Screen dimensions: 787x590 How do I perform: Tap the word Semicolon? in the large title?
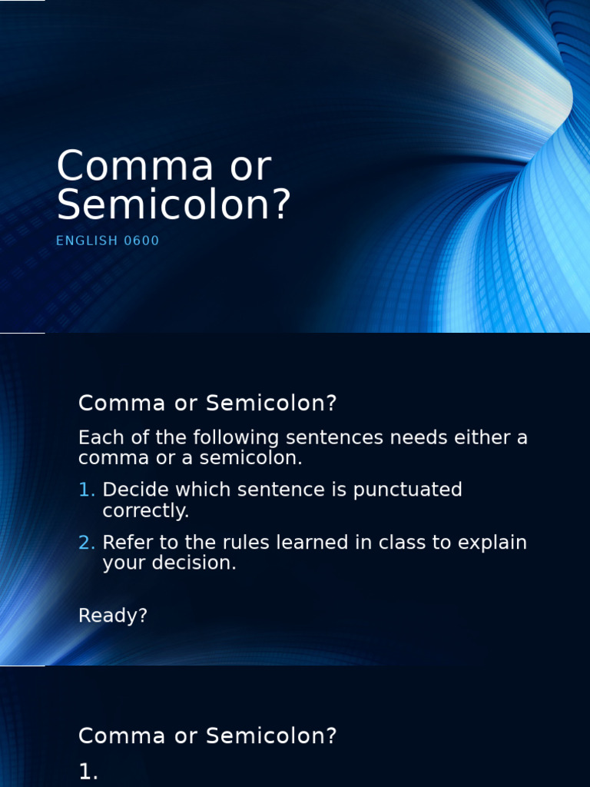pos(174,205)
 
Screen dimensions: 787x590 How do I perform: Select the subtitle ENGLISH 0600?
pos(108,241)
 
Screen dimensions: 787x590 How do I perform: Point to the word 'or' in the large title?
pos(251,167)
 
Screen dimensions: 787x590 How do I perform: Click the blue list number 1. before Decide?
pos(87,490)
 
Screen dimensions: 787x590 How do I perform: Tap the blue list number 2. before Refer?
pos(87,543)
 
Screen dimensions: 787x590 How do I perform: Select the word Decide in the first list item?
pos(131,490)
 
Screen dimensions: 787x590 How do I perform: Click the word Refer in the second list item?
pos(124,543)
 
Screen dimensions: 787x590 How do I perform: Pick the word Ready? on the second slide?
pos(112,616)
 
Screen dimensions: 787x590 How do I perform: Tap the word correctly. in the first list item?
pos(146,510)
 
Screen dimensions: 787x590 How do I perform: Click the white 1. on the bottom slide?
pos(88,772)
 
